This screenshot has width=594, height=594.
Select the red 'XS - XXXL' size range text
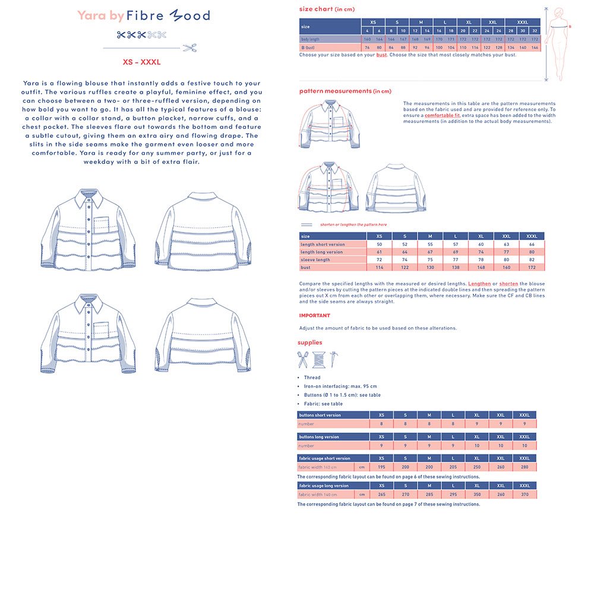coord(141,62)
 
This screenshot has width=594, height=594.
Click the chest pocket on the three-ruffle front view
coord(102,225)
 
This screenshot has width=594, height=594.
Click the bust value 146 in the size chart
coord(535,48)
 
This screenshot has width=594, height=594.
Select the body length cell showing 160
coord(367,39)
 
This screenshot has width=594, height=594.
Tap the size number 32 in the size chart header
coord(535,31)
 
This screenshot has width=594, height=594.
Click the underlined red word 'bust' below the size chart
coord(381,55)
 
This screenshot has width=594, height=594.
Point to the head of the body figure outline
coord(560,12)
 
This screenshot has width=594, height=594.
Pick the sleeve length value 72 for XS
coord(379,260)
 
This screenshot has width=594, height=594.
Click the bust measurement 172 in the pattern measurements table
coord(532,267)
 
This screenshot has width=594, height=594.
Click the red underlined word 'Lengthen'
coord(479,284)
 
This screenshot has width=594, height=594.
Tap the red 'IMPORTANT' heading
coord(314,315)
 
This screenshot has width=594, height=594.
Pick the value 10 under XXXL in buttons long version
coord(525,445)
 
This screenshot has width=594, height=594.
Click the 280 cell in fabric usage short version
coord(525,467)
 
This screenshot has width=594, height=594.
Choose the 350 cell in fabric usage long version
coord(476,494)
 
